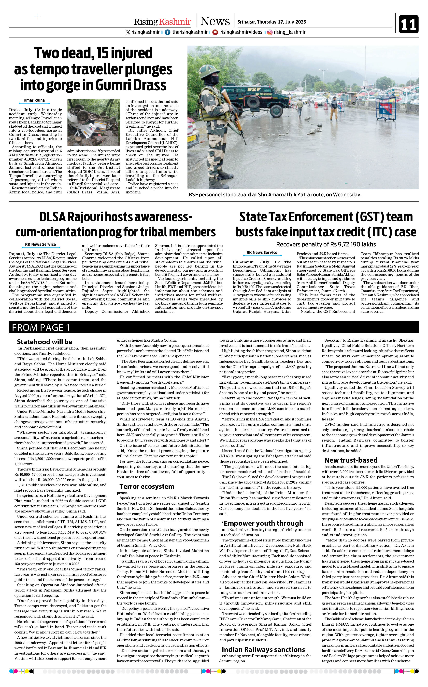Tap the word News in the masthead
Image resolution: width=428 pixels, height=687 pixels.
(x=215, y=21)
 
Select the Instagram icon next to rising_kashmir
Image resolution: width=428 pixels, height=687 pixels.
(x=270, y=32)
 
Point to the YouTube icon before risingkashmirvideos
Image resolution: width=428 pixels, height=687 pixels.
(x=215, y=32)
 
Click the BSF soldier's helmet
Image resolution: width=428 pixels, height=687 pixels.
(x=209, y=71)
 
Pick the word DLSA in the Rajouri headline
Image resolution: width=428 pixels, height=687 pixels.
(x=52, y=217)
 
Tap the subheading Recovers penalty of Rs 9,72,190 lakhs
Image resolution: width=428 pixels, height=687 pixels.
(x=326, y=244)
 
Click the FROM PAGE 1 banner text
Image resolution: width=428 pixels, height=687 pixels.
(x=41, y=327)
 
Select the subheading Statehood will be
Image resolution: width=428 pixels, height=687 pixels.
(x=44, y=342)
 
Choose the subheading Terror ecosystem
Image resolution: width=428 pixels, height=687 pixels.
(x=147, y=486)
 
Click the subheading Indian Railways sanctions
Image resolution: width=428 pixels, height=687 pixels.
(x=263, y=649)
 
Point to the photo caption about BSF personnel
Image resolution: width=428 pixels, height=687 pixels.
(x=275, y=195)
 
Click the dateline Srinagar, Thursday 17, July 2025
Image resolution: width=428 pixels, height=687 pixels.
(x=271, y=22)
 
